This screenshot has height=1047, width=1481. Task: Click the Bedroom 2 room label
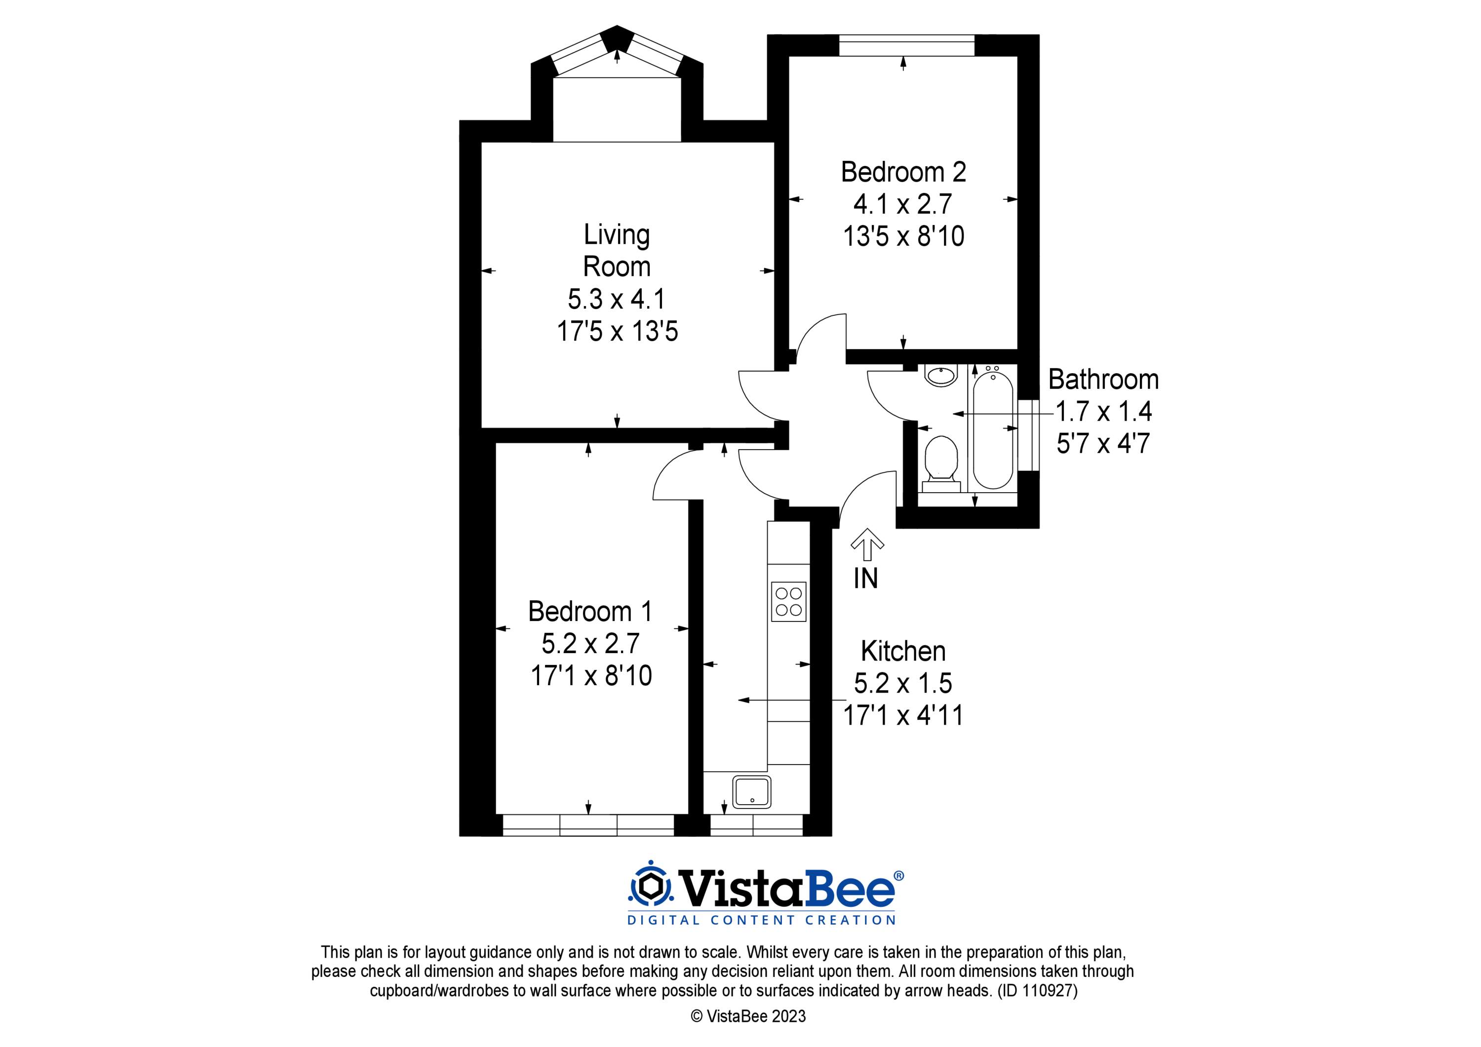pos(903,172)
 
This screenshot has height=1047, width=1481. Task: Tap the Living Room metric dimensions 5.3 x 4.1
pos(616,299)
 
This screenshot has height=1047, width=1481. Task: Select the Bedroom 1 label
pos(590,612)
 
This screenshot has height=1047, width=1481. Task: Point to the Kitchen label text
pos(903,652)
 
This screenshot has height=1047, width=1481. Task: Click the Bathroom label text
pos(1103,379)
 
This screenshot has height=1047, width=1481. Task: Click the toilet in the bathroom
pos(940,460)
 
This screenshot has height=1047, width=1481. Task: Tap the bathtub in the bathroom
pos(993,429)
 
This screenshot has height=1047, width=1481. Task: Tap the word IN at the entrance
pos(865,579)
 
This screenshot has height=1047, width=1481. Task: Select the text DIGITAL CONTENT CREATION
pos(762,920)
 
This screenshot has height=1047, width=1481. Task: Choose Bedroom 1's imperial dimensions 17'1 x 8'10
pos(591,675)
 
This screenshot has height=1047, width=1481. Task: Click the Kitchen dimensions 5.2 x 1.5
pos(903,683)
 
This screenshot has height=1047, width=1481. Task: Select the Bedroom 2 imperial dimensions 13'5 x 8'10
pos(903,236)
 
